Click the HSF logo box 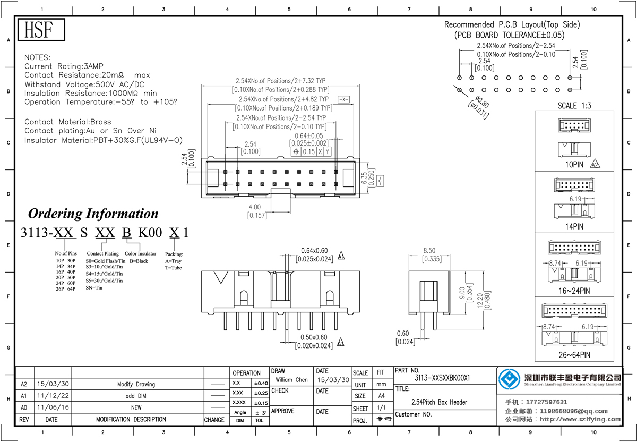(x=40, y=30)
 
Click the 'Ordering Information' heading (x=93, y=214)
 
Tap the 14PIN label (x=573, y=226)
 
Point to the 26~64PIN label (x=573, y=355)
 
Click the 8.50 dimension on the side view (x=429, y=250)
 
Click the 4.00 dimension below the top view (x=255, y=207)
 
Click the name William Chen (x=291, y=380)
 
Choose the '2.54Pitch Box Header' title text (x=440, y=402)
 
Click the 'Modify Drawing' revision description (x=136, y=384)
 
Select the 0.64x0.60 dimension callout (x=315, y=251)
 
